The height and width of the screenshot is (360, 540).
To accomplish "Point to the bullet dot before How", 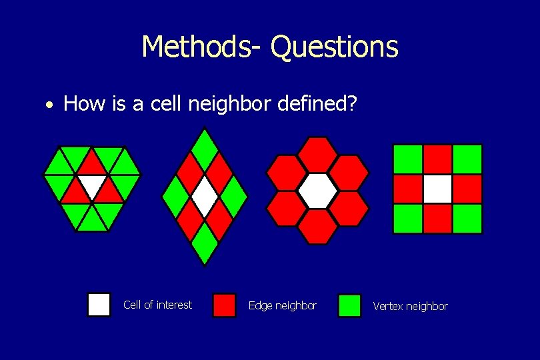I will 49,105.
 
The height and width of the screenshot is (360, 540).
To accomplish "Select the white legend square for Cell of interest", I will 99,305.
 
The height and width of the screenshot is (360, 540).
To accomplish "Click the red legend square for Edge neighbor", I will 224,305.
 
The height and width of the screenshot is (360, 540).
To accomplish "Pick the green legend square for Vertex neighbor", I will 349,305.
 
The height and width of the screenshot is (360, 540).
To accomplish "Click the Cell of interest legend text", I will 157,305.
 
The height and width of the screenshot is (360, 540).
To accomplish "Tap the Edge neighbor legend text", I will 282,305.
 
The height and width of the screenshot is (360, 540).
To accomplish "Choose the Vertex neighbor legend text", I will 410,306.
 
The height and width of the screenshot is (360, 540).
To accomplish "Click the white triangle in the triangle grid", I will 92,183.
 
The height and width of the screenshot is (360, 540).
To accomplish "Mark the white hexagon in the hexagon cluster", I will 317,191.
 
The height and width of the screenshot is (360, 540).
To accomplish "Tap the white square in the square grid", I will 437,189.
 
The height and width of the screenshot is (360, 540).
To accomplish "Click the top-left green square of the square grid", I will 408,159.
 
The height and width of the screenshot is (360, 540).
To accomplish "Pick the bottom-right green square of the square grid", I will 467,219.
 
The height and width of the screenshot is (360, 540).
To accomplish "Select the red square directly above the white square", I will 437,159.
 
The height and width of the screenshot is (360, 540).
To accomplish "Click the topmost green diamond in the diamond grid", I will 205,142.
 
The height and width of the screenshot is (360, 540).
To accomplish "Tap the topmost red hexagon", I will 317,154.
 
